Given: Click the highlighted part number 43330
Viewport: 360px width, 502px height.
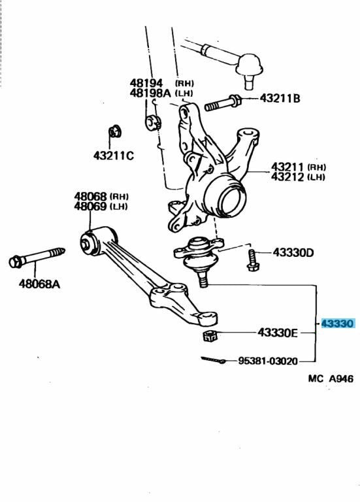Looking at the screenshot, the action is point(338,324).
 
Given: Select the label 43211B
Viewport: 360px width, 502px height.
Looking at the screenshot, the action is point(280,98).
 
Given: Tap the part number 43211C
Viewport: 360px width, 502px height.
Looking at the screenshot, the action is point(114,156).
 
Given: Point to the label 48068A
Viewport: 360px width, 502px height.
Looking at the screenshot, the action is point(39,284).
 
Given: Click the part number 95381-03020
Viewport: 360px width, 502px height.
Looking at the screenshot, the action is point(268,361).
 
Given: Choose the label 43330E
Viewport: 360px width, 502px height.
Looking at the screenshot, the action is point(278,333).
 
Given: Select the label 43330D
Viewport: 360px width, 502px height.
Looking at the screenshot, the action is point(293,252).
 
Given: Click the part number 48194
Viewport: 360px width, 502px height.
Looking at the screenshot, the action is point(146,83).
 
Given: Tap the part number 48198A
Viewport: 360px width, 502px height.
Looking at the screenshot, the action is point(150,93).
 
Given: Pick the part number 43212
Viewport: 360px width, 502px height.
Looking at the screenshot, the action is point(287,176).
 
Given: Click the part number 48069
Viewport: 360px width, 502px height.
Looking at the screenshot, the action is point(90,206).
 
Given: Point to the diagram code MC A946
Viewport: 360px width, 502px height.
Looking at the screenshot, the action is point(331,378).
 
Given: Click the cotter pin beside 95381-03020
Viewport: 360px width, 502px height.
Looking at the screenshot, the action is point(214,360).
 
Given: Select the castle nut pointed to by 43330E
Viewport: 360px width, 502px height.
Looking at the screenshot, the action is point(210,335).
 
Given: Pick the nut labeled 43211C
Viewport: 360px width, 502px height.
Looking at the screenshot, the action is point(114,131).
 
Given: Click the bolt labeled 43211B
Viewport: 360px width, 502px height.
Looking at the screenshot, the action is point(223,103).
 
